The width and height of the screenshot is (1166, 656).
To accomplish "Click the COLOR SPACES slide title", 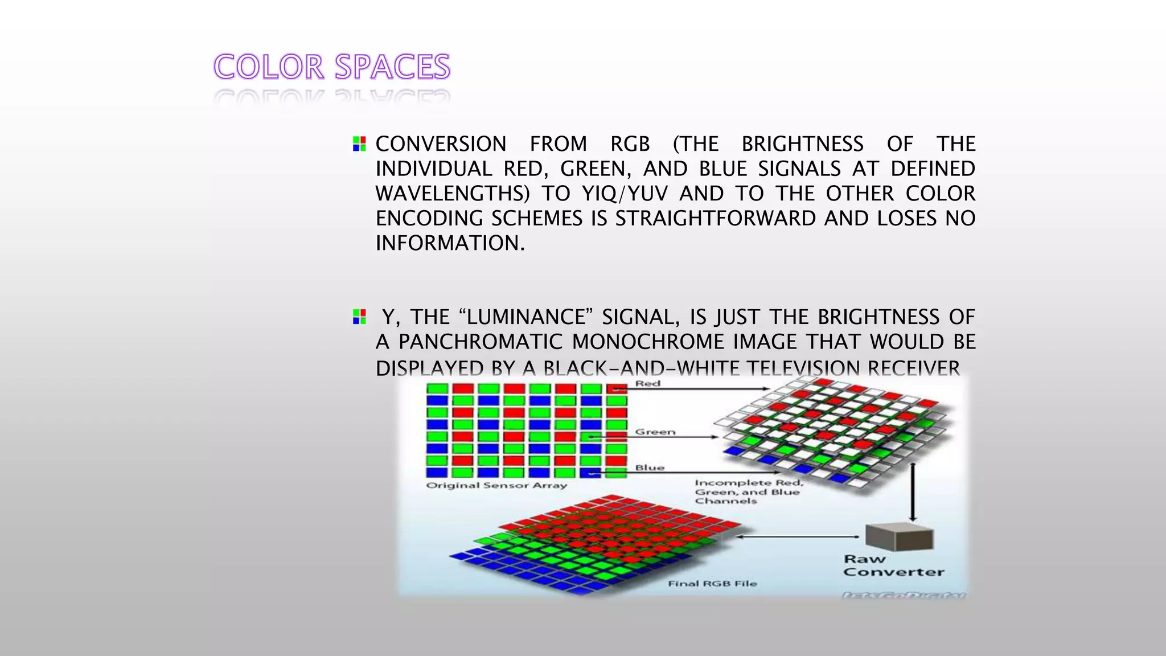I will click(332, 67).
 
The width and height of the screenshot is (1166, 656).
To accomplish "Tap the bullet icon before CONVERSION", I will click(359, 143).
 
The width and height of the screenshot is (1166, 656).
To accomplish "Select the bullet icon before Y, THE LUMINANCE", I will click(359, 317).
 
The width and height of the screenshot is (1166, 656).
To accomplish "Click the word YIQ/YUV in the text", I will click(625, 194).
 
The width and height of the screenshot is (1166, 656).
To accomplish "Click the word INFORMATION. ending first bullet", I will click(450, 243).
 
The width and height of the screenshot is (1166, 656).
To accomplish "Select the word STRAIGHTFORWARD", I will click(716, 219).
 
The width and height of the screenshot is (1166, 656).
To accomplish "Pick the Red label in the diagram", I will click(648, 384).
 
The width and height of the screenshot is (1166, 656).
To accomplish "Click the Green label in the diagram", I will click(655, 432).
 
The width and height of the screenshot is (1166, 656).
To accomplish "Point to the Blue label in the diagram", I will click(650, 468).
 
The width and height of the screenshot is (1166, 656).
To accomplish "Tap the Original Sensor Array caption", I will click(496, 486).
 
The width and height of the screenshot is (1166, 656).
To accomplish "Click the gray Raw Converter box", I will click(899, 537).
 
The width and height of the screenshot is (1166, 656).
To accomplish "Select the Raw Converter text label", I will click(893, 566).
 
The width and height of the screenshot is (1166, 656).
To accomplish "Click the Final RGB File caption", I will click(712, 584).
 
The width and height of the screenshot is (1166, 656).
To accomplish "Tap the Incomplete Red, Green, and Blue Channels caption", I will click(748, 492).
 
